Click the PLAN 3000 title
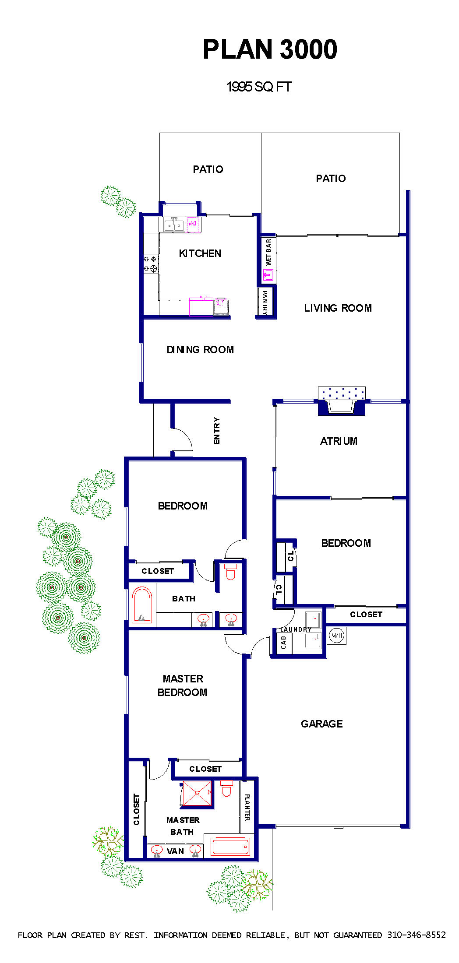(x=270, y=49)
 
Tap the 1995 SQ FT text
(x=259, y=87)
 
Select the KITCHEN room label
(x=200, y=253)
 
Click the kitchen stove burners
(x=150, y=264)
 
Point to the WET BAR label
(x=268, y=252)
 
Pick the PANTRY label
(x=265, y=302)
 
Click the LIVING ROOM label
(x=338, y=308)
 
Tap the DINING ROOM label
(x=200, y=350)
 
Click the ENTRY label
(x=217, y=431)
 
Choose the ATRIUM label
(x=339, y=441)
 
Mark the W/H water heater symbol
(x=336, y=635)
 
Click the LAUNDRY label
(x=296, y=629)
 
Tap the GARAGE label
(x=322, y=724)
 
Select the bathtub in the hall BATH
(x=142, y=605)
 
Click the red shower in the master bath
(x=197, y=793)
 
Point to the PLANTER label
(x=247, y=807)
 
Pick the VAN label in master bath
(x=175, y=851)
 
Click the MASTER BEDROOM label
(x=183, y=685)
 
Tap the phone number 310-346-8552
(x=417, y=935)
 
